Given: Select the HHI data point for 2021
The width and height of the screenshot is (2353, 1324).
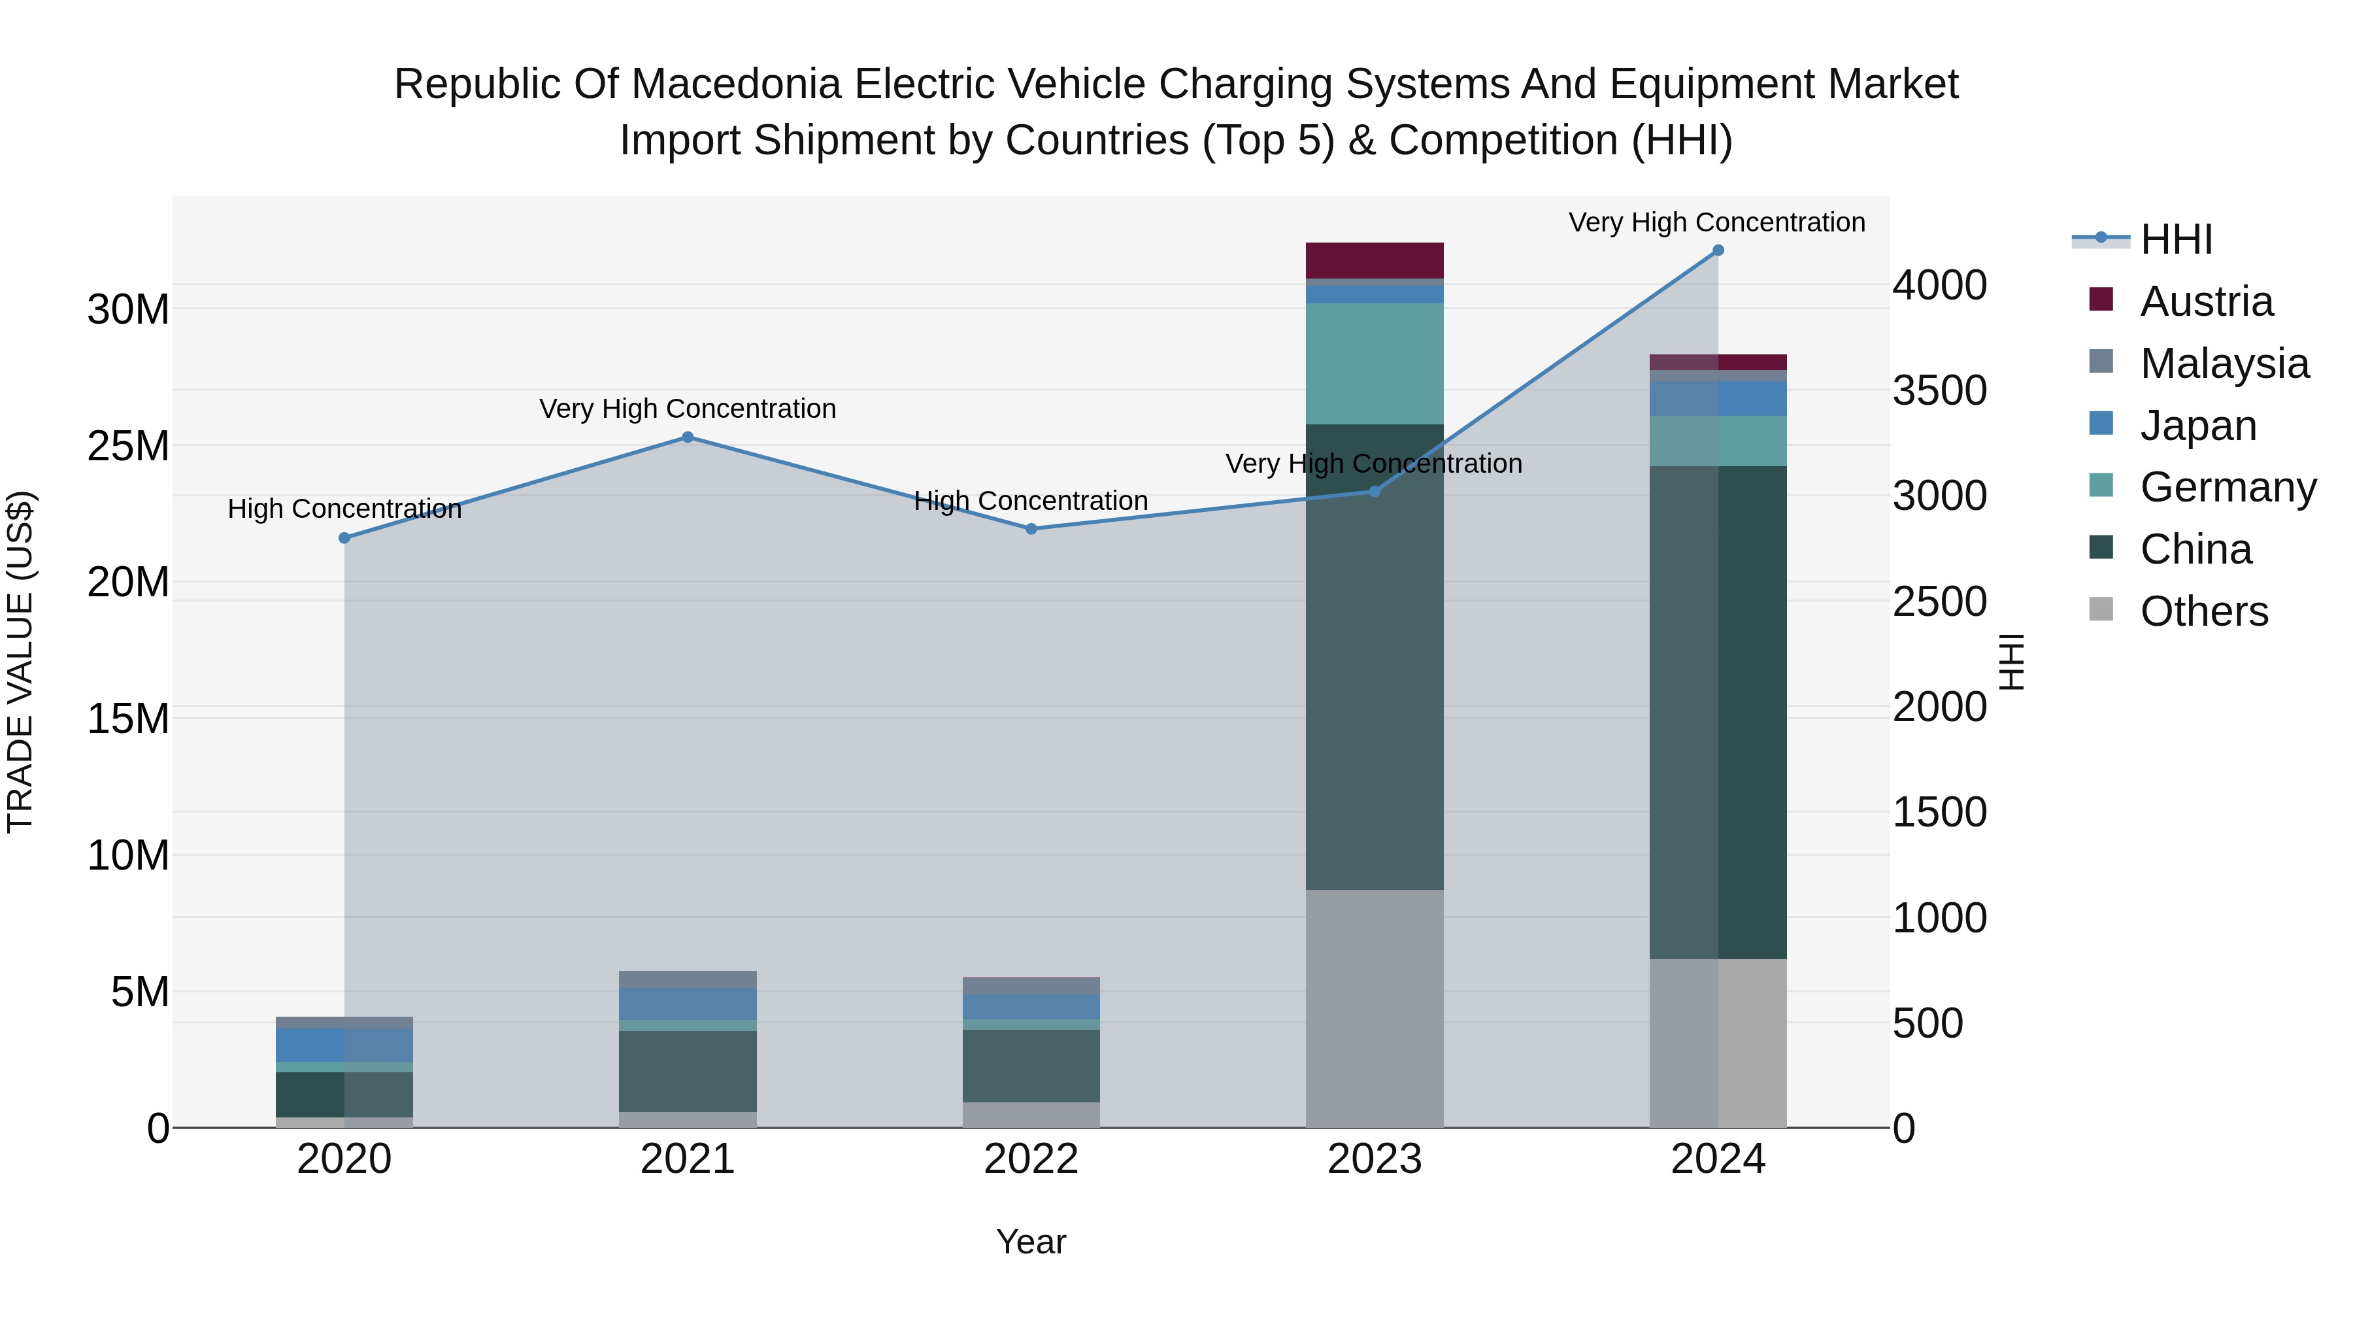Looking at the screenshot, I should (688, 437).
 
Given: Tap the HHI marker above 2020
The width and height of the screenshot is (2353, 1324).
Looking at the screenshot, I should (344, 538).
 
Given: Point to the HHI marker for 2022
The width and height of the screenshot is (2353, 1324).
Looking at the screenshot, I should (1031, 529).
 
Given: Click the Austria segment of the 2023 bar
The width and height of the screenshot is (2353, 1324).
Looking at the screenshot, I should (1374, 260).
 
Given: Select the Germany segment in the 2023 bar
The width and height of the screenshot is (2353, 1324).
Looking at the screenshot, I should (1374, 364).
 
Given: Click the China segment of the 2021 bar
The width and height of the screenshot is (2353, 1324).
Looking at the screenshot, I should (688, 1071).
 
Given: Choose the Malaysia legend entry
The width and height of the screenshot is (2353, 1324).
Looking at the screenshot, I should (2224, 364).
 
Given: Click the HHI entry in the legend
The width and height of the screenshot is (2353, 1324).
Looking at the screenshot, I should (2176, 239).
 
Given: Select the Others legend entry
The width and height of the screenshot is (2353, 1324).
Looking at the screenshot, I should (2203, 611).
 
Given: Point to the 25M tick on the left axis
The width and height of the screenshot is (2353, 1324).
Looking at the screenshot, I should (128, 446).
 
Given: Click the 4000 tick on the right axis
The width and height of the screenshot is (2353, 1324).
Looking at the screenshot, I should (1939, 285).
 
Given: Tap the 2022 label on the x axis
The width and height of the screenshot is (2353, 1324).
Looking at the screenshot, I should (1031, 1159).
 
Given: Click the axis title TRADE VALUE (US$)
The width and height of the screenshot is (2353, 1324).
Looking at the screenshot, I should (20, 662).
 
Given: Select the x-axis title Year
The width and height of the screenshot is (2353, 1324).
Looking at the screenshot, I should (1031, 1242).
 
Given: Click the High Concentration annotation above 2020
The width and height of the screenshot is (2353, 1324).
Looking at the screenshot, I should (344, 509).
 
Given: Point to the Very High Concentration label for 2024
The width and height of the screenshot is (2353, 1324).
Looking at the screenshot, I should (1716, 223).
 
